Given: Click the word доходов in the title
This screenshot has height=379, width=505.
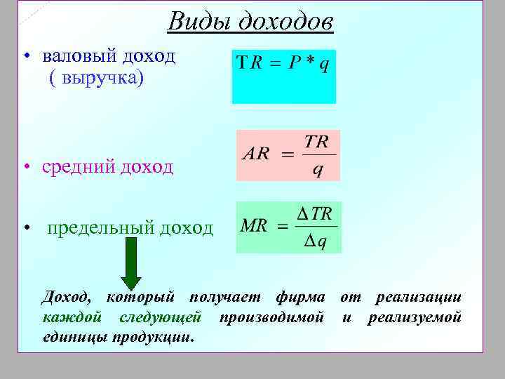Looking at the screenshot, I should (284, 22).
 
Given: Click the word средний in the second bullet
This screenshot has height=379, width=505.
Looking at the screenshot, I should (76, 167).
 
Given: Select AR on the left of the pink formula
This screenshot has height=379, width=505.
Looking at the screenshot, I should (256, 154).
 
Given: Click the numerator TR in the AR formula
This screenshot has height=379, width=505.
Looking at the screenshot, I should (316, 142).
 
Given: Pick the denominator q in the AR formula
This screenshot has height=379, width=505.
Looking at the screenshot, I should (317, 169).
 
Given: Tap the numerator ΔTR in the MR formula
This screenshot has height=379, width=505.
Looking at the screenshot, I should (316, 214).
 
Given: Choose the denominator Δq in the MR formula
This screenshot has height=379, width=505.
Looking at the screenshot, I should (316, 242).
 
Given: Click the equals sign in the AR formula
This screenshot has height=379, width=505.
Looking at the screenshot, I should (287, 154).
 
